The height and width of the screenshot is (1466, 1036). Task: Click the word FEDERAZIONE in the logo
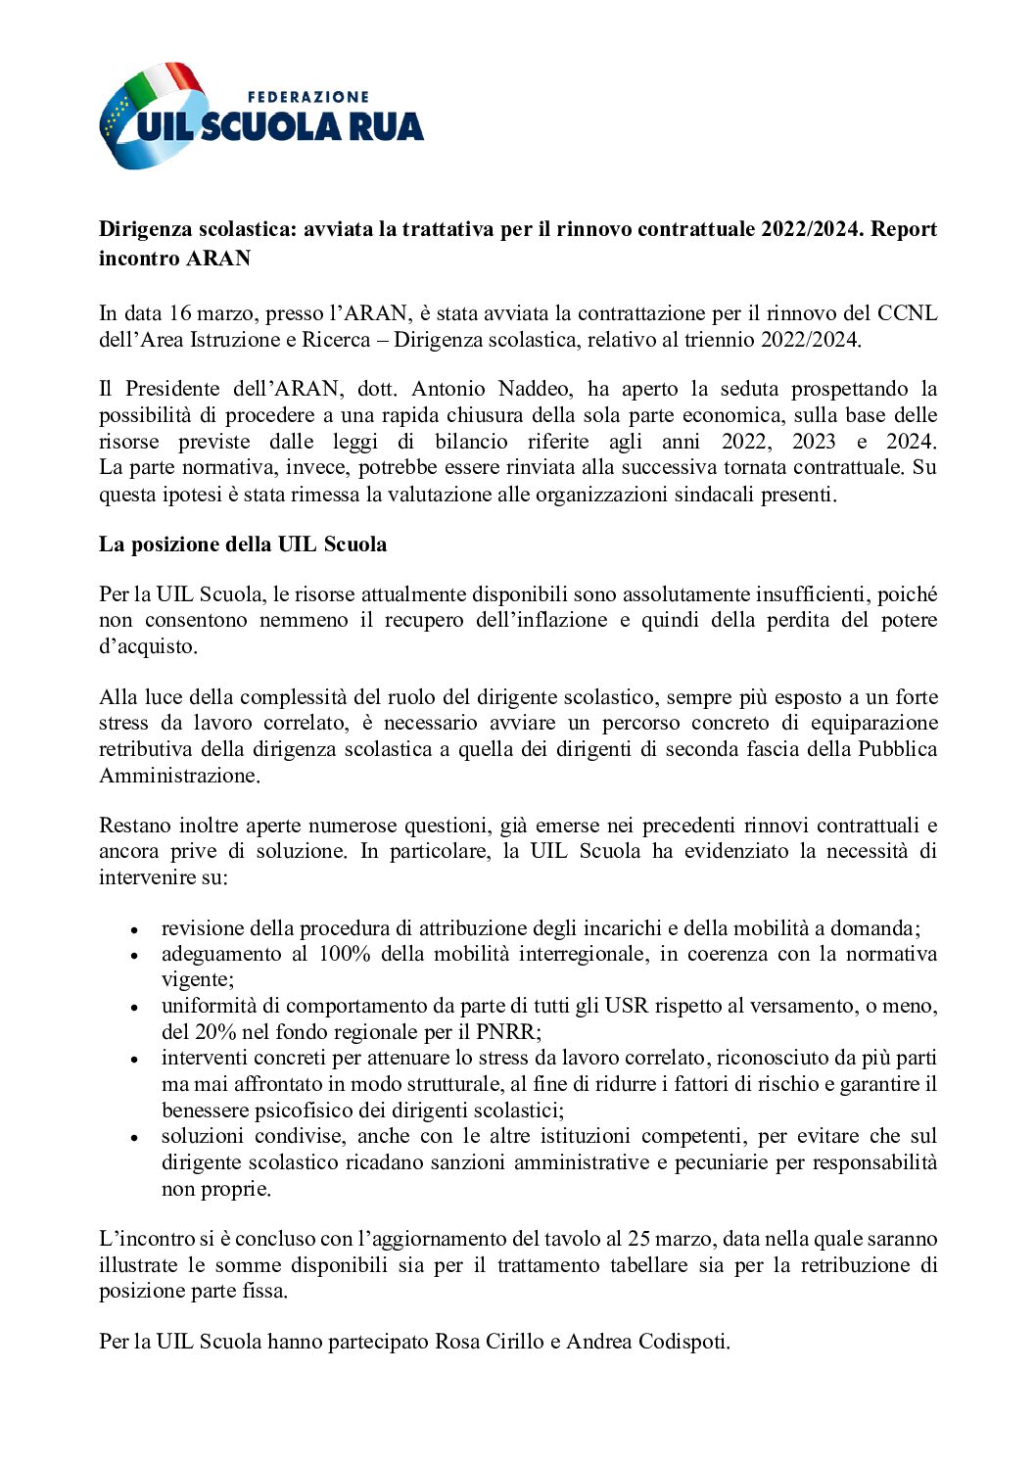[x=307, y=97]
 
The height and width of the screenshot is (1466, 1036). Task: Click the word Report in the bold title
[x=904, y=229]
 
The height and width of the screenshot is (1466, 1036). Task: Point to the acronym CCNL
[x=907, y=313]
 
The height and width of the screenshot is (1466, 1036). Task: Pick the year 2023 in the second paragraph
[x=813, y=441]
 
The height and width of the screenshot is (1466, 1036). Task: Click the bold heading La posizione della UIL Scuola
[x=243, y=544]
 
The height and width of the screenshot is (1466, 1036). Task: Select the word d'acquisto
[x=148, y=646]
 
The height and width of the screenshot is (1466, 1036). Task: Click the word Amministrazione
[x=179, y=776]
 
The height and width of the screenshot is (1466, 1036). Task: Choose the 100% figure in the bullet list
[x=345, y=954]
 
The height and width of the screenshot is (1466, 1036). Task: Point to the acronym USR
[x=626, y=1006]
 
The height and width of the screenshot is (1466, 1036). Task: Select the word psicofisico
[x=285, y=1111]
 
